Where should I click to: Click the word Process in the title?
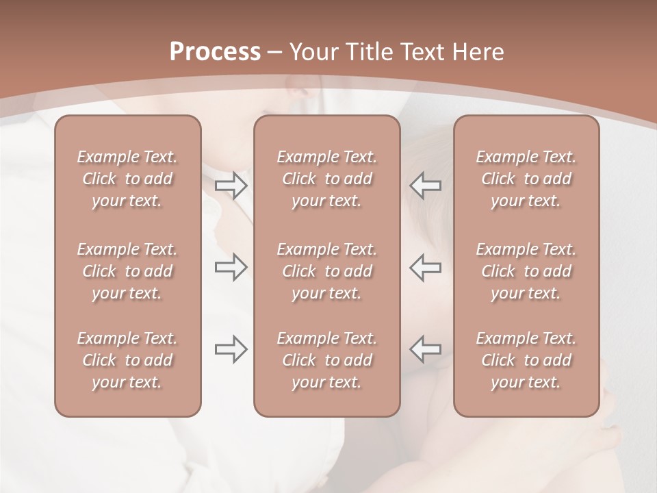[215, 52]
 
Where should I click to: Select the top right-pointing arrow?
[231, 185]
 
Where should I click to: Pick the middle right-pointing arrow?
[231, 267]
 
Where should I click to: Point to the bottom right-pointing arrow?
[231, 349]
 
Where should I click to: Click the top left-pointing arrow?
[425, 185]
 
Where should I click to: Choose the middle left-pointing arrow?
[425, 267]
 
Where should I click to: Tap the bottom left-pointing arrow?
[425, 349]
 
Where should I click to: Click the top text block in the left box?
[127, 179]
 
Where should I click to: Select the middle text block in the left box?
[127, 271]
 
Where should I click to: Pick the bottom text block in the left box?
[127, 360]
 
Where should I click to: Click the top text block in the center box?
[326, 179]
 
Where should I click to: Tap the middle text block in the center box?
[326, 271]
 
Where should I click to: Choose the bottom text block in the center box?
[326, 360]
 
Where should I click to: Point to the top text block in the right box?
[526, 179]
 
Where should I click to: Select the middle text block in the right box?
[526, 271]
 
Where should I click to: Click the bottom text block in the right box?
[526, 360]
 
